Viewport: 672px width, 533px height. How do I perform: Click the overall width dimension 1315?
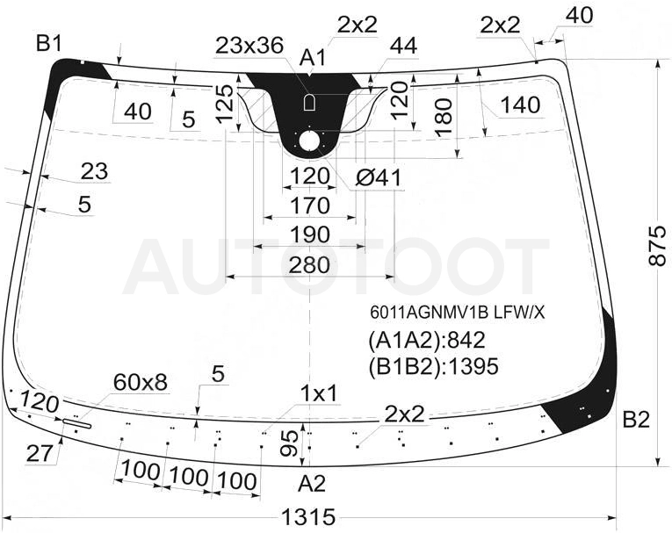click(x=309, y=517)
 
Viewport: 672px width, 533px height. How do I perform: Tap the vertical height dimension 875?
click(x=658, y=246)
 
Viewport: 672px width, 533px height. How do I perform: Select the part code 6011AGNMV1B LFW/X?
click(x=458, y=313)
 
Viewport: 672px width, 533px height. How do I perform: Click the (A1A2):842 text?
click(x=427, y=340)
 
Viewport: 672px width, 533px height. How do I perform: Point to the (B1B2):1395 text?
click(x=433, y=367)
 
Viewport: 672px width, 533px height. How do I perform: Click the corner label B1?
click(x=50, y=43)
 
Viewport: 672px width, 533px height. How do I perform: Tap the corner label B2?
click(x=636, y=420)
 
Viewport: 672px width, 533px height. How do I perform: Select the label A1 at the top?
click(x=313, y=58)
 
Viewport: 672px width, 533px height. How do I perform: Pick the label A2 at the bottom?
click(x=312, y=484)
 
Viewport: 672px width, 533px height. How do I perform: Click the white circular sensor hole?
click(x=309, y=141)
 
